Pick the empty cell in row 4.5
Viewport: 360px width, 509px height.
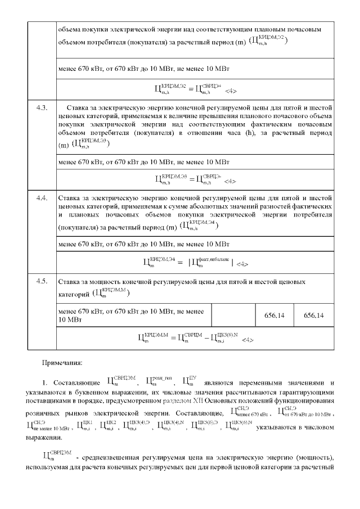coord(233,316)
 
